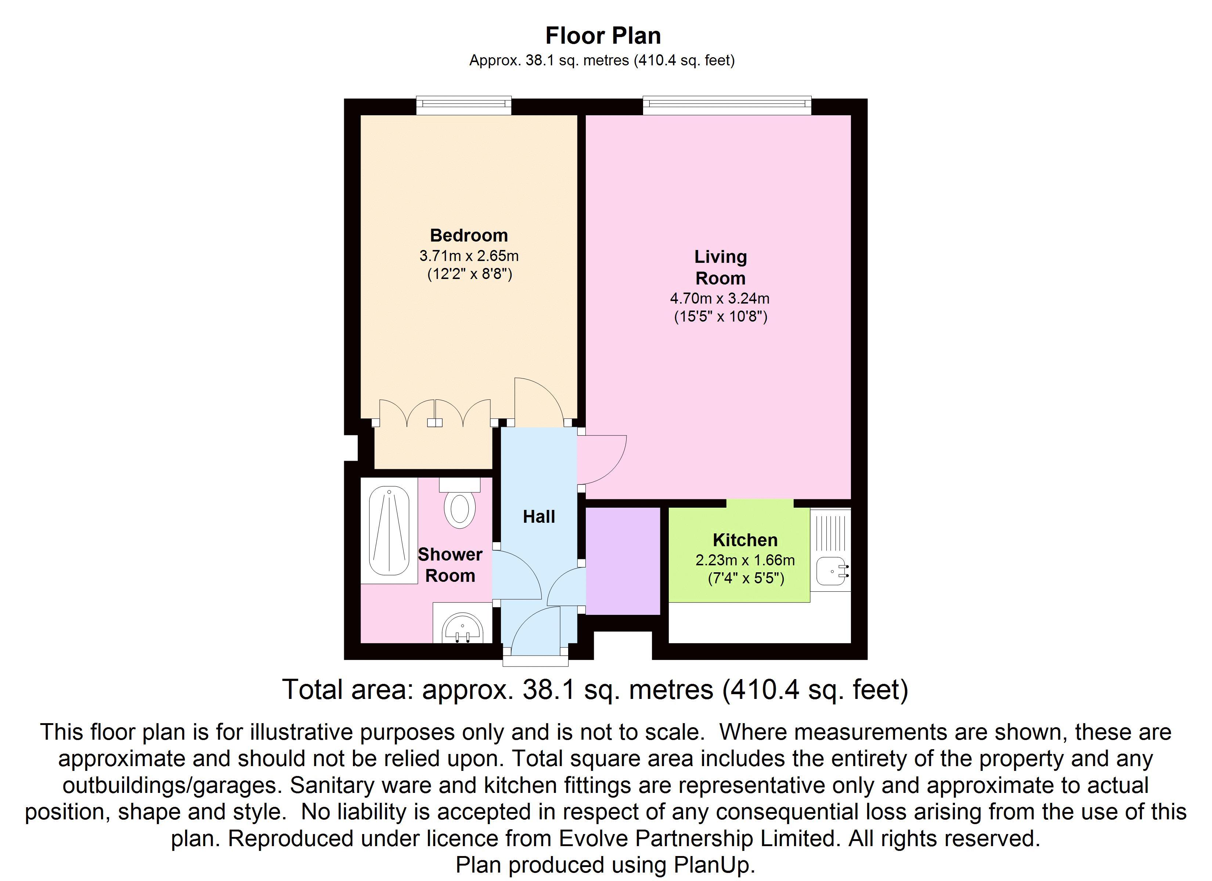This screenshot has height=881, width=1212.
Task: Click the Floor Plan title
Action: click(603, 36)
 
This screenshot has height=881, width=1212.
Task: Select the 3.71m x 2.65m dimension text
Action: click(469, 256)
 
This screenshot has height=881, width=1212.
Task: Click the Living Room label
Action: click(720, 267)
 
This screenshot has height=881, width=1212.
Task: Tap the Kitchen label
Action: click(745, 540)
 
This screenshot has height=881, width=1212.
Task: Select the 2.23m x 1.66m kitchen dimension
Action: click(745, 561)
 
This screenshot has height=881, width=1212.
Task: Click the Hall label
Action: click(539, 516)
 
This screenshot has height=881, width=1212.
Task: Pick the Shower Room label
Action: click(450, 565)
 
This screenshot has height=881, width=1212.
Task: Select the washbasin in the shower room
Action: click(463, 629)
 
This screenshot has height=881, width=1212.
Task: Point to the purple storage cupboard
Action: click(623, 561)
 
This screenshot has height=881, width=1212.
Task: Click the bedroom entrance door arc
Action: click(539, 401)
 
